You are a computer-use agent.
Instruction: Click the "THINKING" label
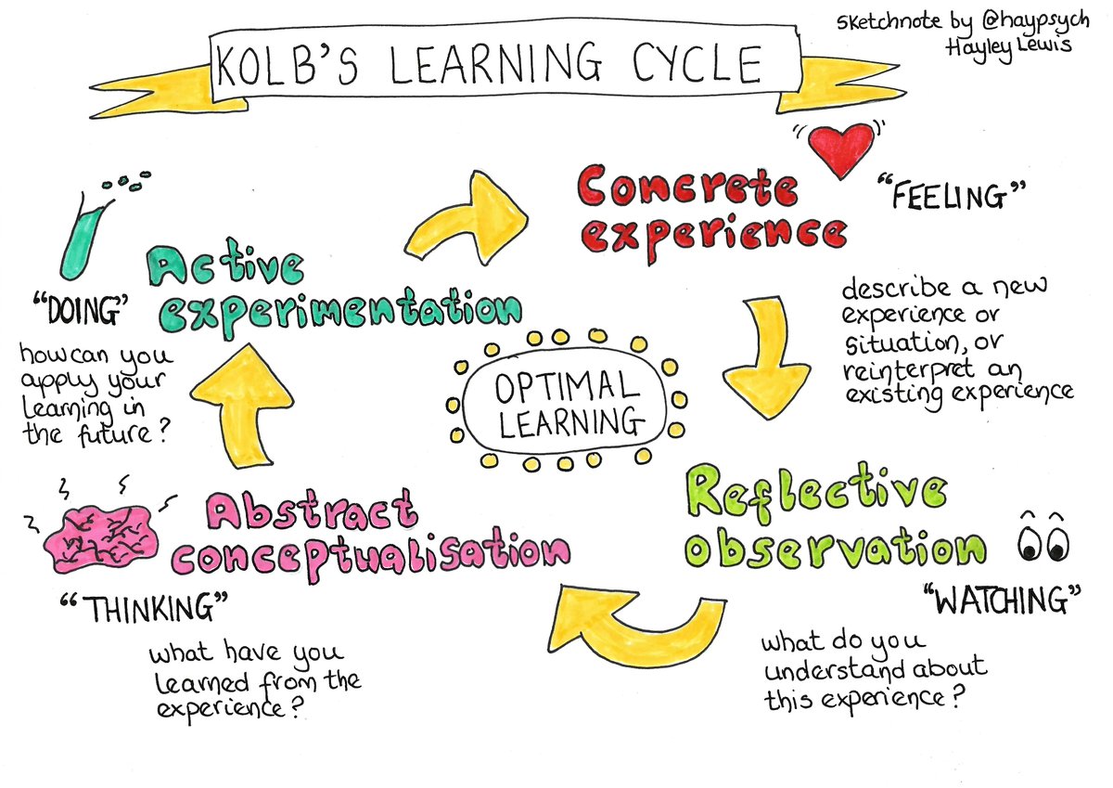click(x=147, y=611)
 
